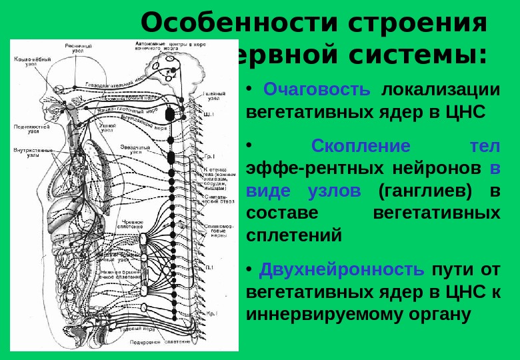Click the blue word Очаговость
click(x=316, y=89)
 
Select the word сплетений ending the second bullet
click(x=294, y=235)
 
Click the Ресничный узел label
click(x=78, y=48)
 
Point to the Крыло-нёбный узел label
click(x=30, y=62)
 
